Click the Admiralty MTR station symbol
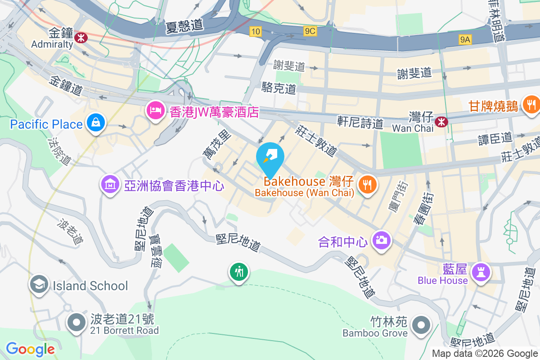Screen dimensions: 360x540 81,38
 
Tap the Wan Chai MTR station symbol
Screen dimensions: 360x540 441,120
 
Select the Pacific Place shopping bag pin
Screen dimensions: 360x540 96,121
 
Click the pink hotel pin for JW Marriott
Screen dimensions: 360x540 156,110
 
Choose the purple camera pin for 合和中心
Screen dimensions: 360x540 381,240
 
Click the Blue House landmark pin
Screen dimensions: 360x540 481,272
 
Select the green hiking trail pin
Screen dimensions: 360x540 238,272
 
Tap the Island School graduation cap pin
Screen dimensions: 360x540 39,284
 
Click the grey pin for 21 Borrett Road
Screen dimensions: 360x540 76,322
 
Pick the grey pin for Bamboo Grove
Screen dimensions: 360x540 421,324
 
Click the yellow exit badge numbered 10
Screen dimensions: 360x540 256,31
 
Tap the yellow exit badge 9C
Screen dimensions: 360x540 310,31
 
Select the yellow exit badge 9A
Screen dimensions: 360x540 465,40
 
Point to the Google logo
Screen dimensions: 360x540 31,349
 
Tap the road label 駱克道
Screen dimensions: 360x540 279,88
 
